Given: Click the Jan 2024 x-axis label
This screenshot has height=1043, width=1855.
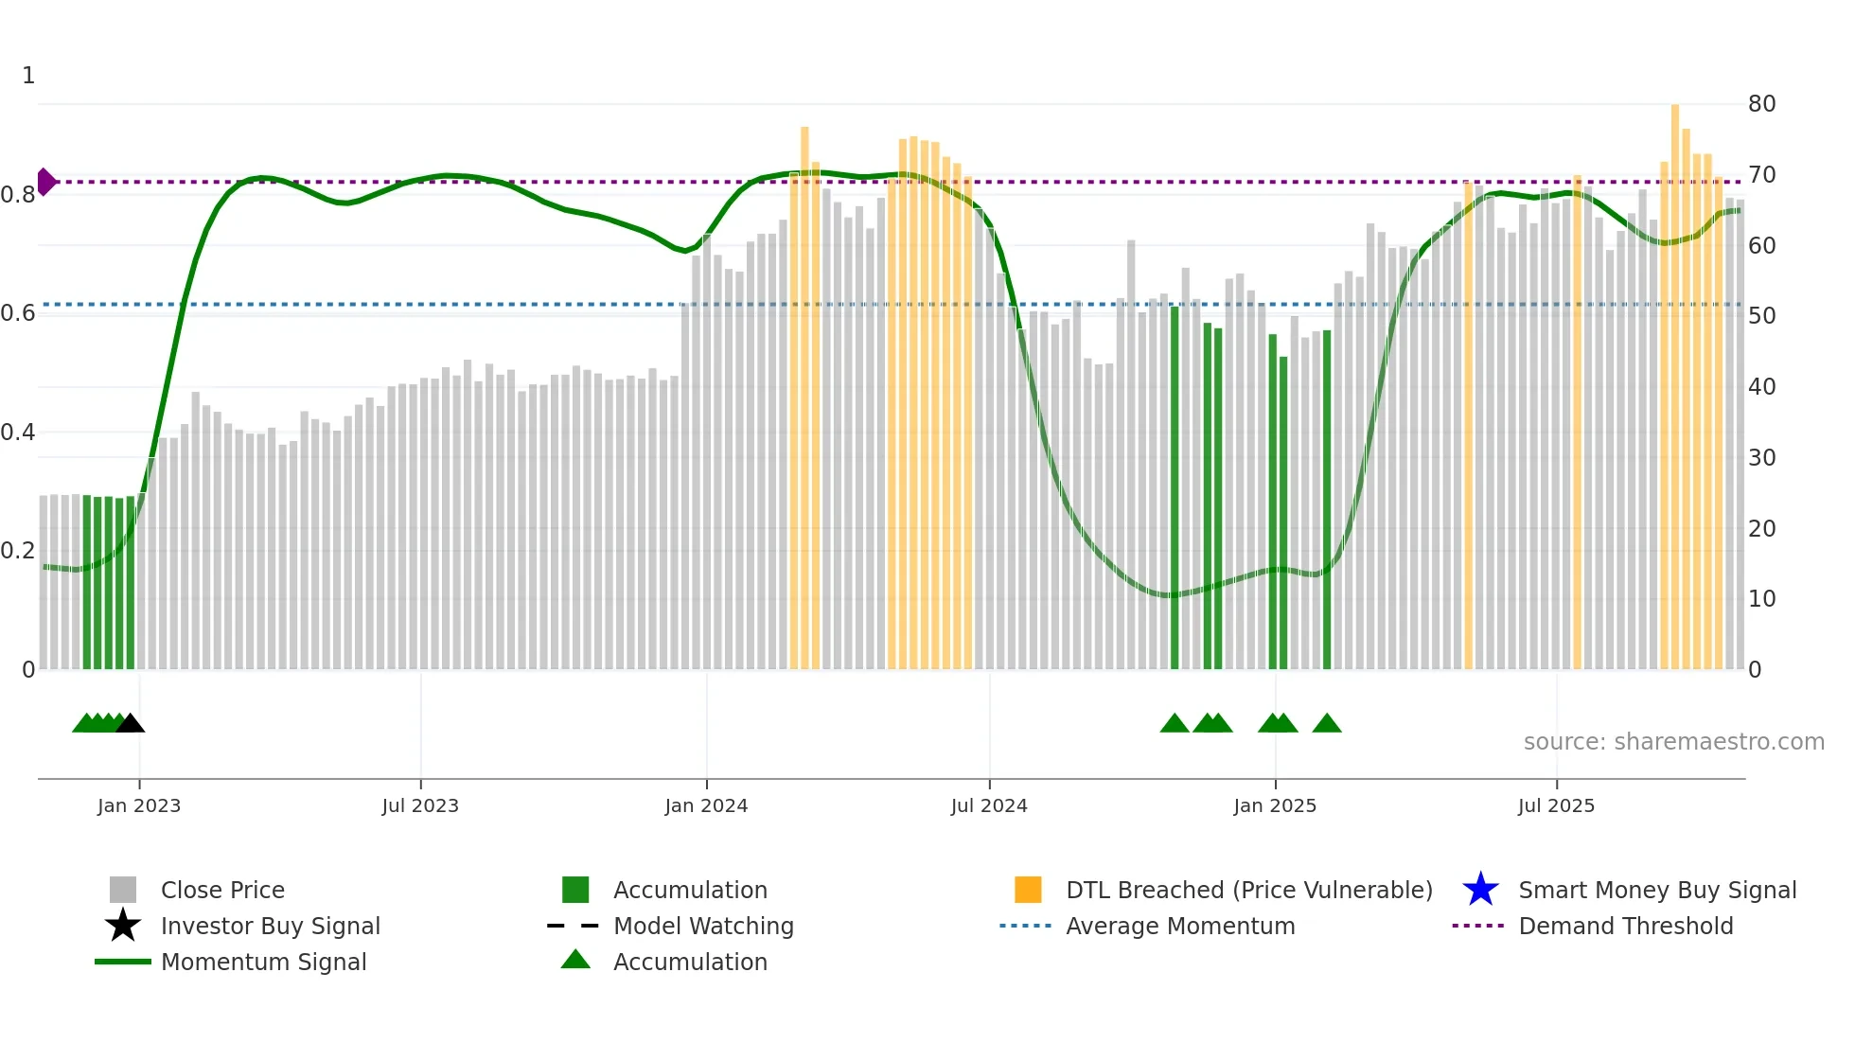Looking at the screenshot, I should click(x=706, y=805).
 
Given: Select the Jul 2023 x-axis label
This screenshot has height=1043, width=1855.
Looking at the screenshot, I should click(x=420, y=805).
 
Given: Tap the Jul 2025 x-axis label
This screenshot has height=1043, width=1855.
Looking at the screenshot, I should click(x=1556, y=805).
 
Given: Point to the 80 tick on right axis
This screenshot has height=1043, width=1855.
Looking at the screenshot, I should click(x=1761, y=104).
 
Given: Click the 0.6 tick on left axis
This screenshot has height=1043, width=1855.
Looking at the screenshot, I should click(x=18, y=313).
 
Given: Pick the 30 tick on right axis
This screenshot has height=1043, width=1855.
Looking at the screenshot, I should click(x=1761, y=458).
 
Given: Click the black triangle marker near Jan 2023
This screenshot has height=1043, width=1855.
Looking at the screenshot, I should click(x=131, y=724).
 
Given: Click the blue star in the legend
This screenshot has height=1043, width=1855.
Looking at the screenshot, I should click(x=1480, y=890).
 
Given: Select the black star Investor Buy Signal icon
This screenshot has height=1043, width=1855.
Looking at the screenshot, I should click(x=123, y=926).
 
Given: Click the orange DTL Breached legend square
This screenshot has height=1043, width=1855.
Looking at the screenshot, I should click(x=1028, y=890).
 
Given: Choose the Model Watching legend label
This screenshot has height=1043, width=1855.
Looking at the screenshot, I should click(x=703, y=926).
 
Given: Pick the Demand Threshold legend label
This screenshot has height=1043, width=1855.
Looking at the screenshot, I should click(x=1625, y=926).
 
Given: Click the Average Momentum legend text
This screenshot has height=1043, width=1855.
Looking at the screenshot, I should click(x=1180, y=926).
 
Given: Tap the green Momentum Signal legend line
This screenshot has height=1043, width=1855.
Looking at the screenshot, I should click(x=123, y=962).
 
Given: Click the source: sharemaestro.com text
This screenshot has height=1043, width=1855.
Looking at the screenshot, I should click(x=1673, y=742).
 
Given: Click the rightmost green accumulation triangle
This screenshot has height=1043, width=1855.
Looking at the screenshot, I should click(x=1327, y=724).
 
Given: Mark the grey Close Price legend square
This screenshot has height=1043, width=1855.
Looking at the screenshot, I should click(x=123, y=890).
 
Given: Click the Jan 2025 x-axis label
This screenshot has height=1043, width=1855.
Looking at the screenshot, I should click(x=1275, y=805).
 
